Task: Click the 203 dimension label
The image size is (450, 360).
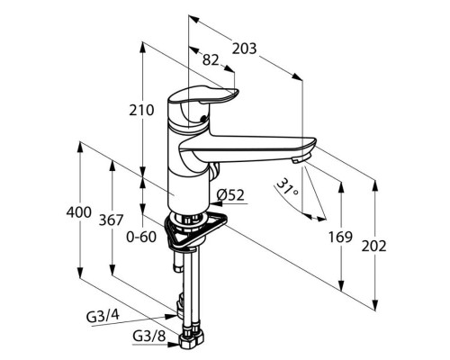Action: click(245, 49)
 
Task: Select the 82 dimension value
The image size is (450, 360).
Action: click(211, 60)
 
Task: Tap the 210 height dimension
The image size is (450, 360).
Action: click(141, 110)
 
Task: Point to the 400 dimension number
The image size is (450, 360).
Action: click(79, 212)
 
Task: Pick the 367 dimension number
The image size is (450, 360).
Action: click(111, 220)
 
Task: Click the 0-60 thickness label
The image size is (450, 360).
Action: click(141, 237)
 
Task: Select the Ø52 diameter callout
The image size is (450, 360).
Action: click(230, 195)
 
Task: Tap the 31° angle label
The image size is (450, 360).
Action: click(287, 188)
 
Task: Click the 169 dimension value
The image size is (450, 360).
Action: click(340, 237)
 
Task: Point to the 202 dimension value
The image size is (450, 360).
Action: click(373, 247)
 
